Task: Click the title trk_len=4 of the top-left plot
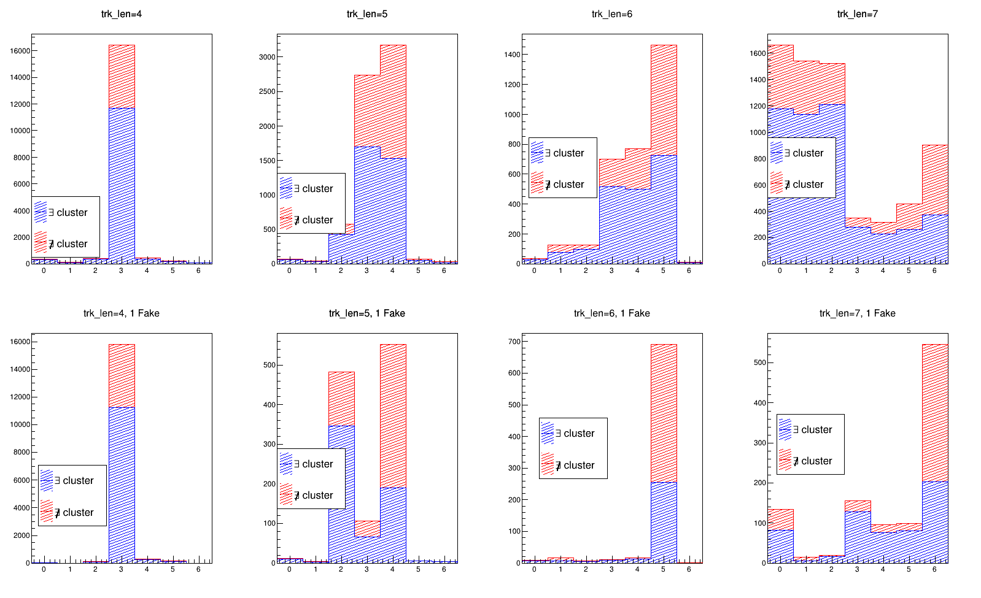click(x=122, y=14)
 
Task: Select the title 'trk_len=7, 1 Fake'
click(x=857, y=313)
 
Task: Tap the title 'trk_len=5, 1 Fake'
click(x=366, y=313)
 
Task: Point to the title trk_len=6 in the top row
click(x=611, y=14)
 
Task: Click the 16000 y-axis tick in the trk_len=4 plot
click(x=20, y=51)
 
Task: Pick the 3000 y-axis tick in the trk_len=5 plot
click(x=267, y=57)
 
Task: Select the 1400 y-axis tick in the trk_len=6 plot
click(x=512, y=55)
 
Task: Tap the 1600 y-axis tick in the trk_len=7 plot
click(x=758, y=53)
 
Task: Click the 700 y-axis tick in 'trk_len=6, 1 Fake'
click(x=513, y=342)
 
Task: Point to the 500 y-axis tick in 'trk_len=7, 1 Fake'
click(x=759, y=362)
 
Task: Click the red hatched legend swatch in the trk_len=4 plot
click(x=41, y=243)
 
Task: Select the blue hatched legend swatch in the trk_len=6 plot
click(x=538, y=153)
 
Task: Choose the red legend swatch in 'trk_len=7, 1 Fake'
click(x=785, y=461)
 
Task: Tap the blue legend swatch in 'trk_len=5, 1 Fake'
click(x=287, y=464)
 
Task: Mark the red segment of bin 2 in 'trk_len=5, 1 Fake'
click(x=341, y=398)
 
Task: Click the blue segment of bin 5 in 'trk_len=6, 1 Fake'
click(x=664, y=521)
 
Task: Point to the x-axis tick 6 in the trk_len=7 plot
click(x=934, y=270)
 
